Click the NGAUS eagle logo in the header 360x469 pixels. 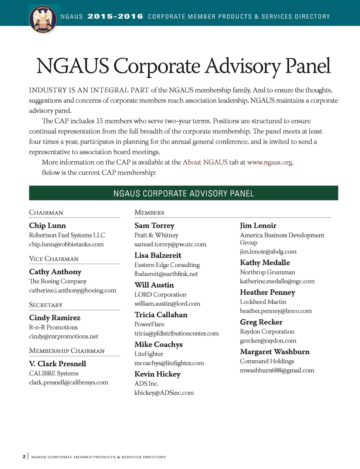tap(43, 19)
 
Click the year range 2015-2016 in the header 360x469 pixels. tap(115, 17)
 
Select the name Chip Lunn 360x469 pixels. tap(47, 226)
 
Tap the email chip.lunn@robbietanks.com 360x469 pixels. tap(66, 244)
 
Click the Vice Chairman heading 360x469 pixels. tap(54, 259)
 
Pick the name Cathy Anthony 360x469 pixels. tap(55, 272)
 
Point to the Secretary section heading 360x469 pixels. tap(46, 305)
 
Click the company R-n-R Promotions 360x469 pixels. tap(53, 327)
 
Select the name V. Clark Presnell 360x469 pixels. tap(58, 364)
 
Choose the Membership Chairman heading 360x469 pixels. tap(67, 351)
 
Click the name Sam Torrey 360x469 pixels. tap(154, 226)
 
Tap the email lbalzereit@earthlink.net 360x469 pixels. tap(166, 274)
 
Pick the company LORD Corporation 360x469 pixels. tap(160, 295)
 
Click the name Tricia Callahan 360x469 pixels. tap(161, 315)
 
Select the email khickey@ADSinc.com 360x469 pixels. tap(164, 393)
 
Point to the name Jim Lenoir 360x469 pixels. tap(258, 226)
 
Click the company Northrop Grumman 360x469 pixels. tap(268, 272)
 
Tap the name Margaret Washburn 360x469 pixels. tap(275, 352)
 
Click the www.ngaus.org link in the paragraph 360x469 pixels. tap(270, 162)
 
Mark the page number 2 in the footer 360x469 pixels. tap(24, 457)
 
